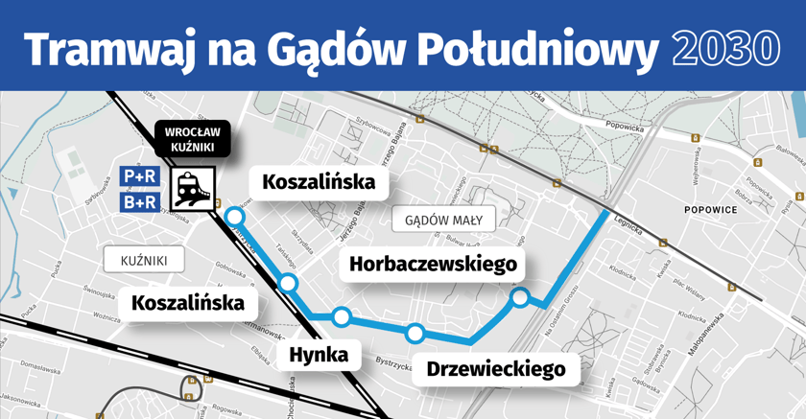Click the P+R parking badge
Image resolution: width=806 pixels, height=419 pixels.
139,176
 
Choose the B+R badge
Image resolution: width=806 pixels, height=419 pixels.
139,201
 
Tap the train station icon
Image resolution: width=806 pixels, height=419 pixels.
192,188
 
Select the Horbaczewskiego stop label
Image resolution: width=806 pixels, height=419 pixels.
433,264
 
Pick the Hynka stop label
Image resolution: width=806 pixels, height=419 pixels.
319,356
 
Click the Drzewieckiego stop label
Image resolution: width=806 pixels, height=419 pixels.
496,369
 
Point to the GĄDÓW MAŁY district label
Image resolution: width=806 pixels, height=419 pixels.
442,220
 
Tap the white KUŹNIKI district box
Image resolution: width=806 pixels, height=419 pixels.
145,260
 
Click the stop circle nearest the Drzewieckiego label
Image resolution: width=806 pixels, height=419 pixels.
415,334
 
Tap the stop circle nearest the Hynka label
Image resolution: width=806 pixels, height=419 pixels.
342,317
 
